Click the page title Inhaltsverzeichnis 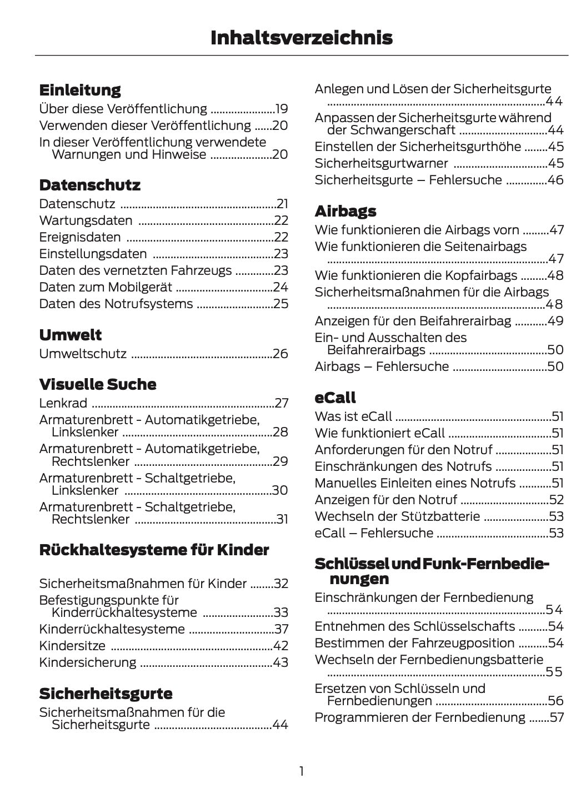coord(301,38)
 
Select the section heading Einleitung coord(80,90)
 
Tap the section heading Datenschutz coord(89,185)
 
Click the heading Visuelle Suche coord(98,384)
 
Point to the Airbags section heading coord(345,211)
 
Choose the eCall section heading coord(335,398)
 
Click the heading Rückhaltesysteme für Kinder coord(154,550)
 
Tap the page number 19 coord(282,109)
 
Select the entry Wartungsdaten coord(86,220)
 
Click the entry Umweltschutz coord(83,354)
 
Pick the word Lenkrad coord(63,403)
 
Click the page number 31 coord(282,520)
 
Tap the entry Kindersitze coord(72,646)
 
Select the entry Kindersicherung coord(87,662)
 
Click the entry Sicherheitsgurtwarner coord(381,163)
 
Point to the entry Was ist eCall coord(353,416)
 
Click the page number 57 coord(556,717)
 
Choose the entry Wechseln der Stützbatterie coord(397,516)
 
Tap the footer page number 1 coord(301,771)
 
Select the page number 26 coord(281,354)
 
